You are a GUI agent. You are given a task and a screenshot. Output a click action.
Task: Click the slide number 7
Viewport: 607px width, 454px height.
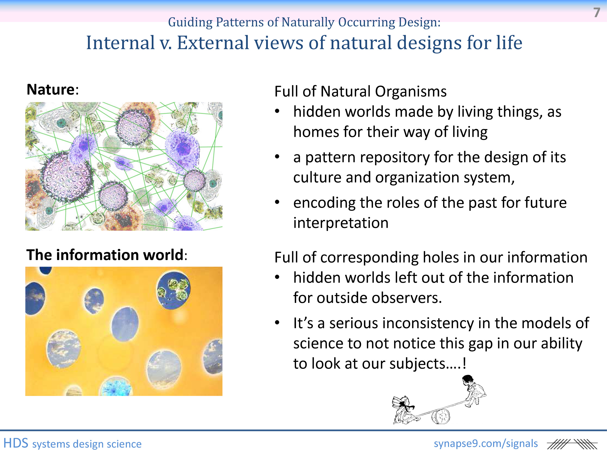(x=597, y=13)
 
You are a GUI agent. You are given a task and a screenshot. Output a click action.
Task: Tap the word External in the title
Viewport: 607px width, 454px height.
(x=213, y=43)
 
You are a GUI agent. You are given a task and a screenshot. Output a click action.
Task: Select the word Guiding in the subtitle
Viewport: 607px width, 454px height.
(x=190, y=23)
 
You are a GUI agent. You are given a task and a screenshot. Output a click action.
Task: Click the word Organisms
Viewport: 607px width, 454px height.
(x=411, y=92)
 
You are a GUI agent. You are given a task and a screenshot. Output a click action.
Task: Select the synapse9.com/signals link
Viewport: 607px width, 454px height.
(x=486, y=443)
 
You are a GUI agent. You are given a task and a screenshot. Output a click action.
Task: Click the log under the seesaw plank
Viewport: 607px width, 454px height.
(x=441, y=417)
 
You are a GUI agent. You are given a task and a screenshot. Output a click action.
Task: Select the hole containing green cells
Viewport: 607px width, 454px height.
(x=173, y=290)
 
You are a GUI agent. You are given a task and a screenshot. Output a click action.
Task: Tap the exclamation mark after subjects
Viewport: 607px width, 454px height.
(x=464, y=363)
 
